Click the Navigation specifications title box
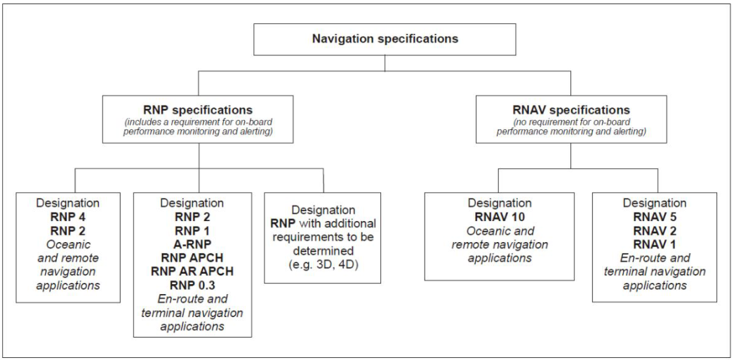click(385, 38)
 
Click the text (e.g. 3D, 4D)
click(323, 257)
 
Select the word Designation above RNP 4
click(68, 202)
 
